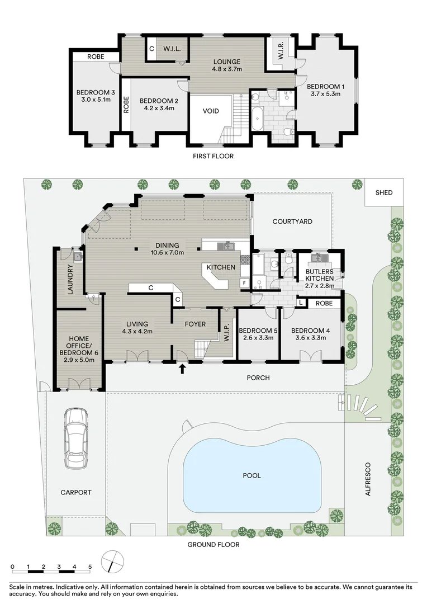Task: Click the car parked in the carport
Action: coord(75,437)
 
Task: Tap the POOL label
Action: coord(252,476)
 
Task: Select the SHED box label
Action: coord(384,192)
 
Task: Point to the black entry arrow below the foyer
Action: coord(183,368)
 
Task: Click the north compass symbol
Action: coord(112,561)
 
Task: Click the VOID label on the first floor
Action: coord(211,111)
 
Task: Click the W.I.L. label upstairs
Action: coord(171,49)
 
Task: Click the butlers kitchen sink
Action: coord(320,258)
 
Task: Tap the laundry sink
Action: coord(77,257)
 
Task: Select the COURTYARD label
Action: coord(292,222)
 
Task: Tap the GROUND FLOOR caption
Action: coord(214,544)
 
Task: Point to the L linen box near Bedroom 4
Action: coord(301,303)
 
